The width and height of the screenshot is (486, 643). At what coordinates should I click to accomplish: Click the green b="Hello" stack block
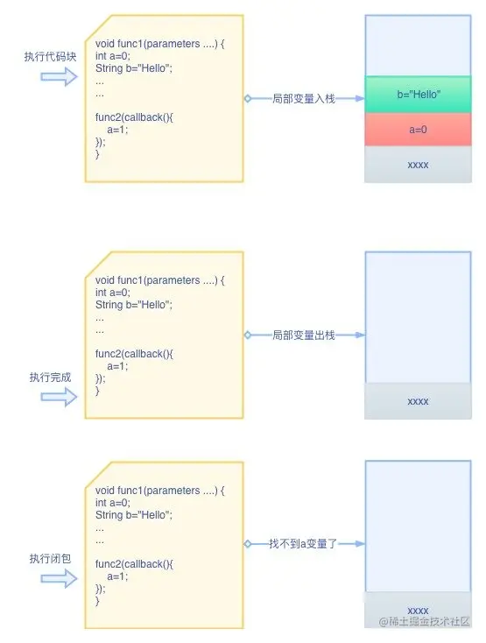(418, 94)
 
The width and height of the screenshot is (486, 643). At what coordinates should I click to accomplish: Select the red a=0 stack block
(418, 129)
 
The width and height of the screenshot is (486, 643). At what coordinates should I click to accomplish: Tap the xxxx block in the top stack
(418, 164)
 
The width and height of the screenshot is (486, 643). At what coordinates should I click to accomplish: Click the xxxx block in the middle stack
(418, 400)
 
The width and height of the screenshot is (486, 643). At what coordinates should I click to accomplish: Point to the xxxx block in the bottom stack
(418, 609)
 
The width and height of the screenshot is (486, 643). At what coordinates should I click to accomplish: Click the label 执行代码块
(51, 57)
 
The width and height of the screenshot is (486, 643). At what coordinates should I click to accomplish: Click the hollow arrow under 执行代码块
(59, 78)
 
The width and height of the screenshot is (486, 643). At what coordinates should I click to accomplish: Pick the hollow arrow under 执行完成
(59, 397)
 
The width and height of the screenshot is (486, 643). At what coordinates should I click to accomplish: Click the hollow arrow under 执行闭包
(59, 578)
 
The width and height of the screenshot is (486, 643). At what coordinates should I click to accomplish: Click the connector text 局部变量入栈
(303, 98)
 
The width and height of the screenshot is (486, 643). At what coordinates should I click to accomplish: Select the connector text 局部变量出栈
(303, 335)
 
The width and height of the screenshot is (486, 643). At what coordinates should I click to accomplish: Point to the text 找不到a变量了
(303, 544)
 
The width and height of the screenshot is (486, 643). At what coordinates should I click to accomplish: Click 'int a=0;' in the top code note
(113, 56)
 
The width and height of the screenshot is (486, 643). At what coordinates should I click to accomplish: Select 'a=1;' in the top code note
(117, 129)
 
